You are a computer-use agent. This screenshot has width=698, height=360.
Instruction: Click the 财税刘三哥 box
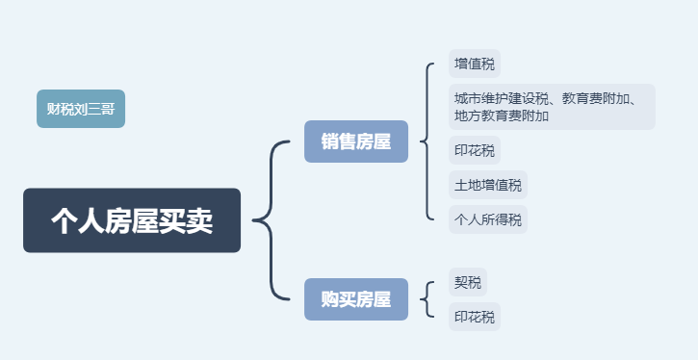tap(81, 108)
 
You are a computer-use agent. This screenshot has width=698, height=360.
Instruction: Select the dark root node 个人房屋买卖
tap(132, 220)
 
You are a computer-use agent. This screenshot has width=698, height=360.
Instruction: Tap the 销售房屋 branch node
tap(356, 142)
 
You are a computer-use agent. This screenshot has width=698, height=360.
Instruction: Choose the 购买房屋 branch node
tap(356, 299)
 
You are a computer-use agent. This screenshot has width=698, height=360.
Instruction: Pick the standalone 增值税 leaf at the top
tap(475, 64)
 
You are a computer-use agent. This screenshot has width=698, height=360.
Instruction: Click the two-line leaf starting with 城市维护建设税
tap(552, 107)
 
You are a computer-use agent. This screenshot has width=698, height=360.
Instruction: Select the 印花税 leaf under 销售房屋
tap(475, 151)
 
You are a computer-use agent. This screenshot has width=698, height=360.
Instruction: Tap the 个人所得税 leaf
tap(488, 219)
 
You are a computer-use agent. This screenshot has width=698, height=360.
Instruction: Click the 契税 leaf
tap(468, 283)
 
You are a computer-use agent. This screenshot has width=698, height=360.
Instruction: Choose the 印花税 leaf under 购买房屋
tap(475, 317)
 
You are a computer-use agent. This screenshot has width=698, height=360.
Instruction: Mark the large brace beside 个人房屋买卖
tap(268, 220)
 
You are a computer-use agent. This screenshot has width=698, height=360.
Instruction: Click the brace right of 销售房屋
tap(426, 142)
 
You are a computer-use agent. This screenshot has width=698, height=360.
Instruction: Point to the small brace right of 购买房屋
tap(427, 299)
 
